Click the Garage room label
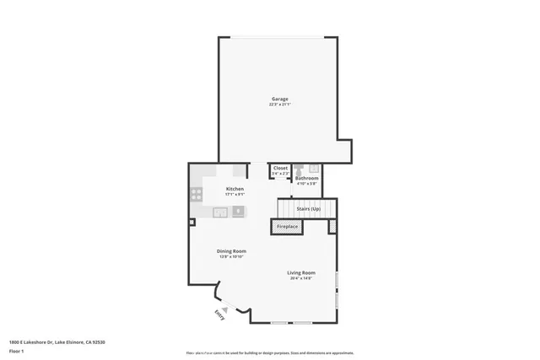point(278,99)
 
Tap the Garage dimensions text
point(278,105)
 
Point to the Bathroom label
point(306,177)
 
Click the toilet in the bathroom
point(298,168)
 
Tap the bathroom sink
point(311,167)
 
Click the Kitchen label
point(235,189)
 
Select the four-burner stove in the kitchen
point(197,193)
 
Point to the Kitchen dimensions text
point(235,195)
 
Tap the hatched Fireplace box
point(288,227)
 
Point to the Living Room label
point(301,272)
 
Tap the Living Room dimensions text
point(301,278)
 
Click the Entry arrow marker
point(225,309)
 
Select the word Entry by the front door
point(219,314)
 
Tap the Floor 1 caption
point(17,350)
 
